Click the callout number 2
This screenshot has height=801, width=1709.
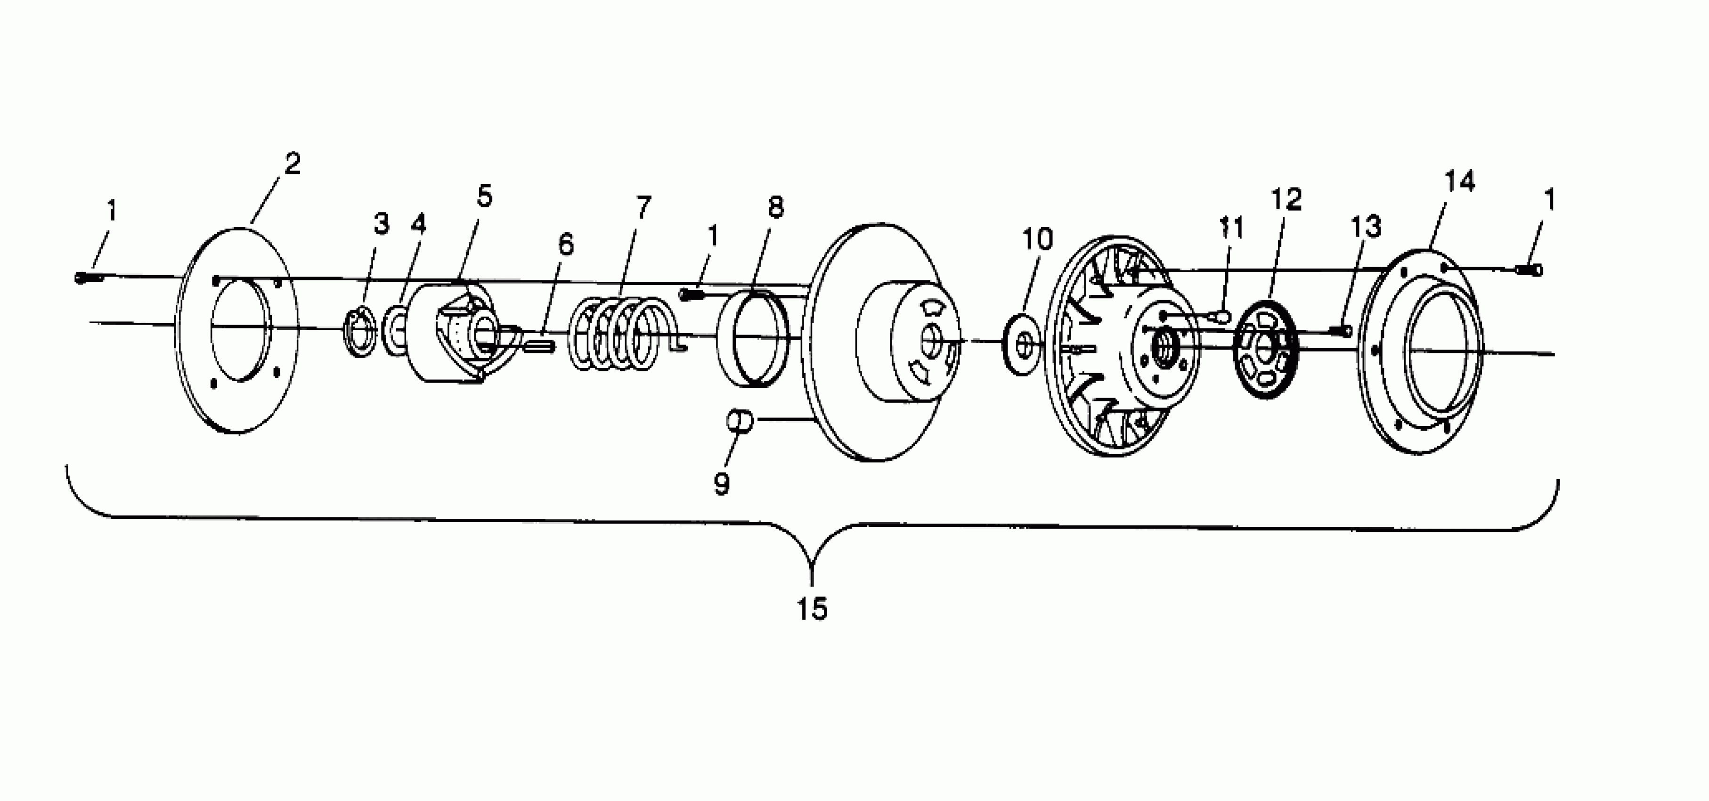point(293,163)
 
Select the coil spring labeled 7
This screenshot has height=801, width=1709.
point(620,334)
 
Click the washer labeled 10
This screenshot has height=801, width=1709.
point(1022,345)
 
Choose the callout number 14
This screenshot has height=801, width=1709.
point(1459,181)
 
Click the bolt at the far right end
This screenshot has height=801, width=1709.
point(1529,270)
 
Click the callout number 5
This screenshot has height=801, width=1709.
point(485,196)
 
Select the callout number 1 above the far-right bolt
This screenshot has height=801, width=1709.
point(1549,200)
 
